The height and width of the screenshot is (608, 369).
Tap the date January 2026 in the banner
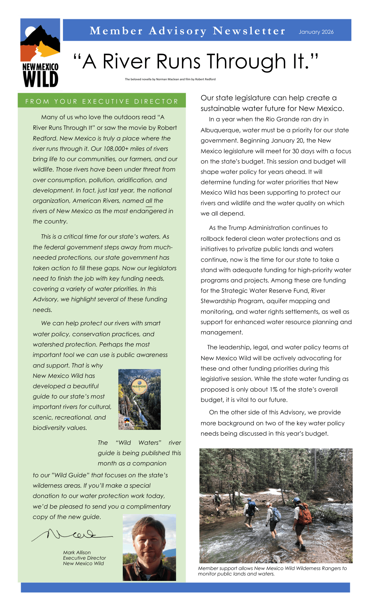click(x=316, y=32)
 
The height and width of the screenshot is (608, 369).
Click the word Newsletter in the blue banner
click(x=249, y=31)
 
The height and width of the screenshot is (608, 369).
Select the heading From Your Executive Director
click(x=102, y=101)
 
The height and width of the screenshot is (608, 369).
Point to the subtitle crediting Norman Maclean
click(x=170, y=79)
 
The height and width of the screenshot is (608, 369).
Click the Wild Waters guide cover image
click(x=139, y=399)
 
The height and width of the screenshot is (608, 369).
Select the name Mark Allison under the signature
click(x=77, y=552)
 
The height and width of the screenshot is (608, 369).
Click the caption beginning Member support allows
click(x=272, y=571)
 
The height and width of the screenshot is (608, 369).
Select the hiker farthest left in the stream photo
click(x=217, y=499)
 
